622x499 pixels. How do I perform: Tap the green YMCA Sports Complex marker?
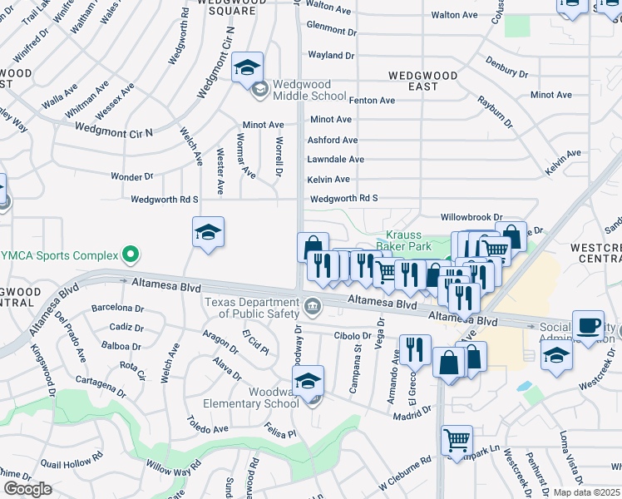click(130, 253)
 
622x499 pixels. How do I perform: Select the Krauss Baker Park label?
click(403, 241)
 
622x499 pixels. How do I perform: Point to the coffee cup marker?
click(590, 325)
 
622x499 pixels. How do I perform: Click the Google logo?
click(27, 489)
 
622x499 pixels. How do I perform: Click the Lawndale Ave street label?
click(335, 159)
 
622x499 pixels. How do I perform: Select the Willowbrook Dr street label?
click(471, 216)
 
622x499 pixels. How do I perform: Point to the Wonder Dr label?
click(132, 176)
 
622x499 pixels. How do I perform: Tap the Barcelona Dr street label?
click(117, 308)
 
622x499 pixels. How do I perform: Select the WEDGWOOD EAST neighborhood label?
click(423, 81)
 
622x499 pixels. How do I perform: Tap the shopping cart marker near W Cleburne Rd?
click(457, 440)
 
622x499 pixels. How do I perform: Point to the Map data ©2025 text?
click(587, 492)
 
